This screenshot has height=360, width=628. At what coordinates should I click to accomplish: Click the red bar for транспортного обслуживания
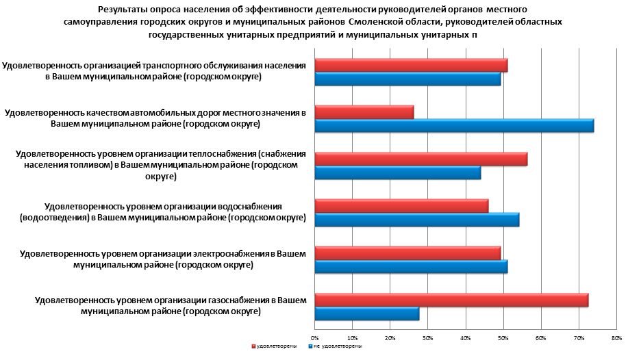point(411,66)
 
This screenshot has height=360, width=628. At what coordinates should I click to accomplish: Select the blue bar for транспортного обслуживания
point(407,79)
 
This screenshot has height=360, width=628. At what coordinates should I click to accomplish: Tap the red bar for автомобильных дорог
point(364,112)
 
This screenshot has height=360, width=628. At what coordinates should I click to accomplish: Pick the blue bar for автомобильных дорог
point(454,126)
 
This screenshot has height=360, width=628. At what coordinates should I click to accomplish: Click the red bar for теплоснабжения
point(420,159)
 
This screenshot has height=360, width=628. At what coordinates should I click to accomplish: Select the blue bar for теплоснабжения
point(397,173)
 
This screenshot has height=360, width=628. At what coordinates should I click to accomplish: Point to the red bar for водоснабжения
point(401,206)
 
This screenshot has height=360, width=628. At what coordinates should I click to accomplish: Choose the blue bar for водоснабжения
point(416,220)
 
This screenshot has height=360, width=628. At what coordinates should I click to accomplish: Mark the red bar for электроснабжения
point(407,253)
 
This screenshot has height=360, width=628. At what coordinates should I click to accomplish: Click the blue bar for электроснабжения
point(411,267)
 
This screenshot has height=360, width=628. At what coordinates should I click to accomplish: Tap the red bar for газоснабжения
point(451,300)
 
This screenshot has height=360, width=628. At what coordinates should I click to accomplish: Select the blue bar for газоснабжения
point(366,313)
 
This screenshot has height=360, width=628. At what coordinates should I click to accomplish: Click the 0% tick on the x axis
point(315,337)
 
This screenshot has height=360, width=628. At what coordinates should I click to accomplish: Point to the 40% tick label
point(465,337)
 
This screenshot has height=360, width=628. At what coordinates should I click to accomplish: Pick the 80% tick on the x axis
point(616,337)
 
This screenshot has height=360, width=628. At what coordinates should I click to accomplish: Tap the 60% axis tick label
point(540,337)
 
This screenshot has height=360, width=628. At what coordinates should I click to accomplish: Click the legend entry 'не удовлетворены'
point(336,346)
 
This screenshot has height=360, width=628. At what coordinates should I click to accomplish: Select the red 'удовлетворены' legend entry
point(275,346)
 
